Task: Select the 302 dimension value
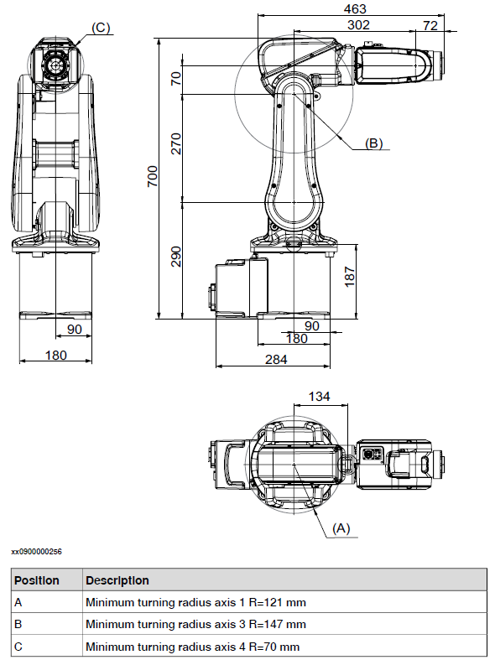358,25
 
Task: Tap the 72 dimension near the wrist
430,25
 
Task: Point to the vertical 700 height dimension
153,176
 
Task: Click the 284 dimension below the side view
276,359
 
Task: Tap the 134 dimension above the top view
320,396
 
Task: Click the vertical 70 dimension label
176,79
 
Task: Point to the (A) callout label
341,528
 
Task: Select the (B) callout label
373,143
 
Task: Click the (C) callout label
100,28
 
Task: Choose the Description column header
117,580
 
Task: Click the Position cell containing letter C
18,646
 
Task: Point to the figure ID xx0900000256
36,552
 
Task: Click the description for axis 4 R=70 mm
192,646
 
